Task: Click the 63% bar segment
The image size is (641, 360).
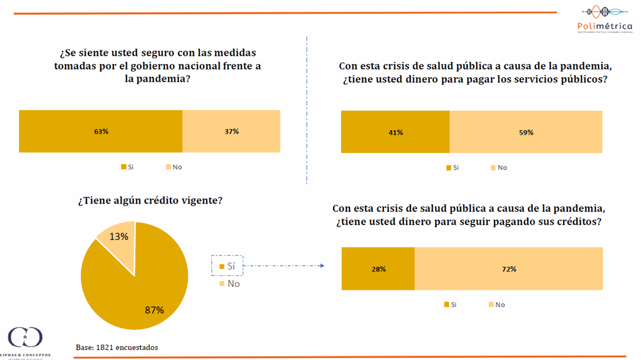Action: click(101, 131)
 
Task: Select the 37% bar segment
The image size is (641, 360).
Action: click(231, 131)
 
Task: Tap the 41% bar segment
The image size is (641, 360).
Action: click(395, 132)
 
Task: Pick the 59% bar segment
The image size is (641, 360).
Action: click(526, 132)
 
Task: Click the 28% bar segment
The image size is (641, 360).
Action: click(378, 269)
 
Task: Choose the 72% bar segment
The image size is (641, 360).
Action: click(508, 269)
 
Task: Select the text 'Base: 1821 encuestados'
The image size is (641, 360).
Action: click(117, 348)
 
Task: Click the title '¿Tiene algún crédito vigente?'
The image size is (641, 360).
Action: click(150, 201)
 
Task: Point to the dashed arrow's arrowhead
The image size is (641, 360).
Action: click(322, 266)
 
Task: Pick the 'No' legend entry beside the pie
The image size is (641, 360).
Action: click(230, 283)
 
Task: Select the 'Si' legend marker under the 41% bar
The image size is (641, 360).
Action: click(448, 168)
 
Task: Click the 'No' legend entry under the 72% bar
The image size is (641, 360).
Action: click(496, 304)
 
